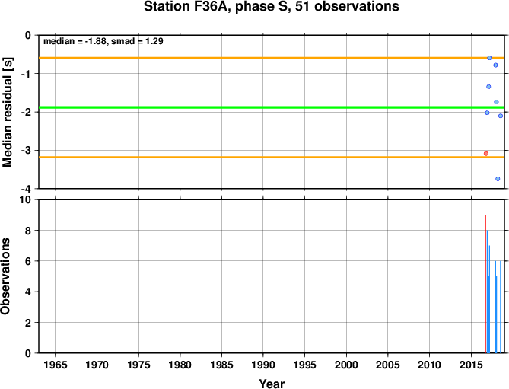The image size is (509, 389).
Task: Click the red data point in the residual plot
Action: [x=486, y=154]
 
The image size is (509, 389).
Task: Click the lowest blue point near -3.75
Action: [x=498, y=179]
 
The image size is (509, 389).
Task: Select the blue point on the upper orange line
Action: [x=489, y=58]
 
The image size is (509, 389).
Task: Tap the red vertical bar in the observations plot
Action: [x=485, y=284]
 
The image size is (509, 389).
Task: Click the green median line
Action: [x=272, y=107]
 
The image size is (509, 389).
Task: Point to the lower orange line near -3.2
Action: [x=272, y=157]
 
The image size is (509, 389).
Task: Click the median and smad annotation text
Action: [x=103, y=41]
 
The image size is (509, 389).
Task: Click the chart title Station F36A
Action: [x=272, y=7]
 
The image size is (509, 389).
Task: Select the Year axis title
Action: [x=272, y=384]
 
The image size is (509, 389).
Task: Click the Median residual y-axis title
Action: [x=7, y=112]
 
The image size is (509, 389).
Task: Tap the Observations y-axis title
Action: [x=5, y=276]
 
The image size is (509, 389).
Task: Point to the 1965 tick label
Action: [x=56, y=365]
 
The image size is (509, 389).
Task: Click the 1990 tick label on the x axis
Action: [x=263, y=365]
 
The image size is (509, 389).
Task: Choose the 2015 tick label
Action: [x=471, y=365]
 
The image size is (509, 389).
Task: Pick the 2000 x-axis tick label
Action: [x=346, y=365]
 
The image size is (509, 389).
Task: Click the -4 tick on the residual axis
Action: [x=27, y=189]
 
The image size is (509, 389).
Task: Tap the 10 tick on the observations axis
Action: [x=27, y=199]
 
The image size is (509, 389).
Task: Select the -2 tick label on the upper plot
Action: [x=27, y=112]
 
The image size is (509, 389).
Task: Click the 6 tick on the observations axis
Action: [x=29, y=261]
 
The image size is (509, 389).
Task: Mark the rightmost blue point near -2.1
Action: [x=501, y=116]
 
